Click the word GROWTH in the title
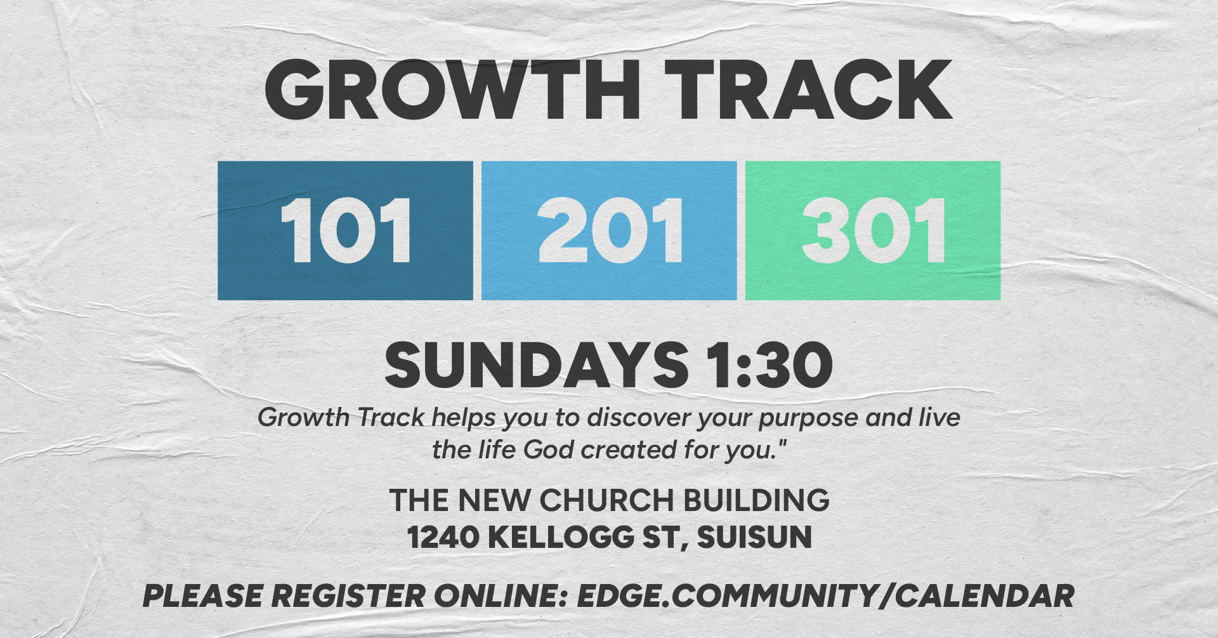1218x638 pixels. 452,90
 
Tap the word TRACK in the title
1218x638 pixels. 808,90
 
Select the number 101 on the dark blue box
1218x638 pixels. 346,230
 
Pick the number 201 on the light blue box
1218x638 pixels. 610,230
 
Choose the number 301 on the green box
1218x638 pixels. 874,230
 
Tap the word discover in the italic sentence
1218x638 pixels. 639,418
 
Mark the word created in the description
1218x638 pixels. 629,450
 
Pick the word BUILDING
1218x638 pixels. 756,500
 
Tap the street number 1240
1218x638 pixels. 443,537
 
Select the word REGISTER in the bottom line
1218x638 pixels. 348,596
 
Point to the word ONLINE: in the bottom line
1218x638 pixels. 500,596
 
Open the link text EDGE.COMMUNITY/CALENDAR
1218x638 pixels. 825,596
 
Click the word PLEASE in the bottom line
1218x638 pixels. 202,596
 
